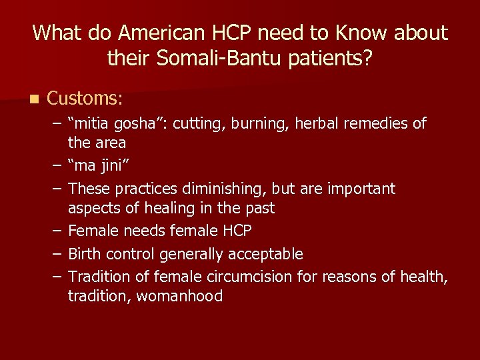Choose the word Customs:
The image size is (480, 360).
[x=85, y=99]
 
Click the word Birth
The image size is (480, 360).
[x=85, y=254]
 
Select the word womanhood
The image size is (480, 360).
[x=179, y=297]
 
